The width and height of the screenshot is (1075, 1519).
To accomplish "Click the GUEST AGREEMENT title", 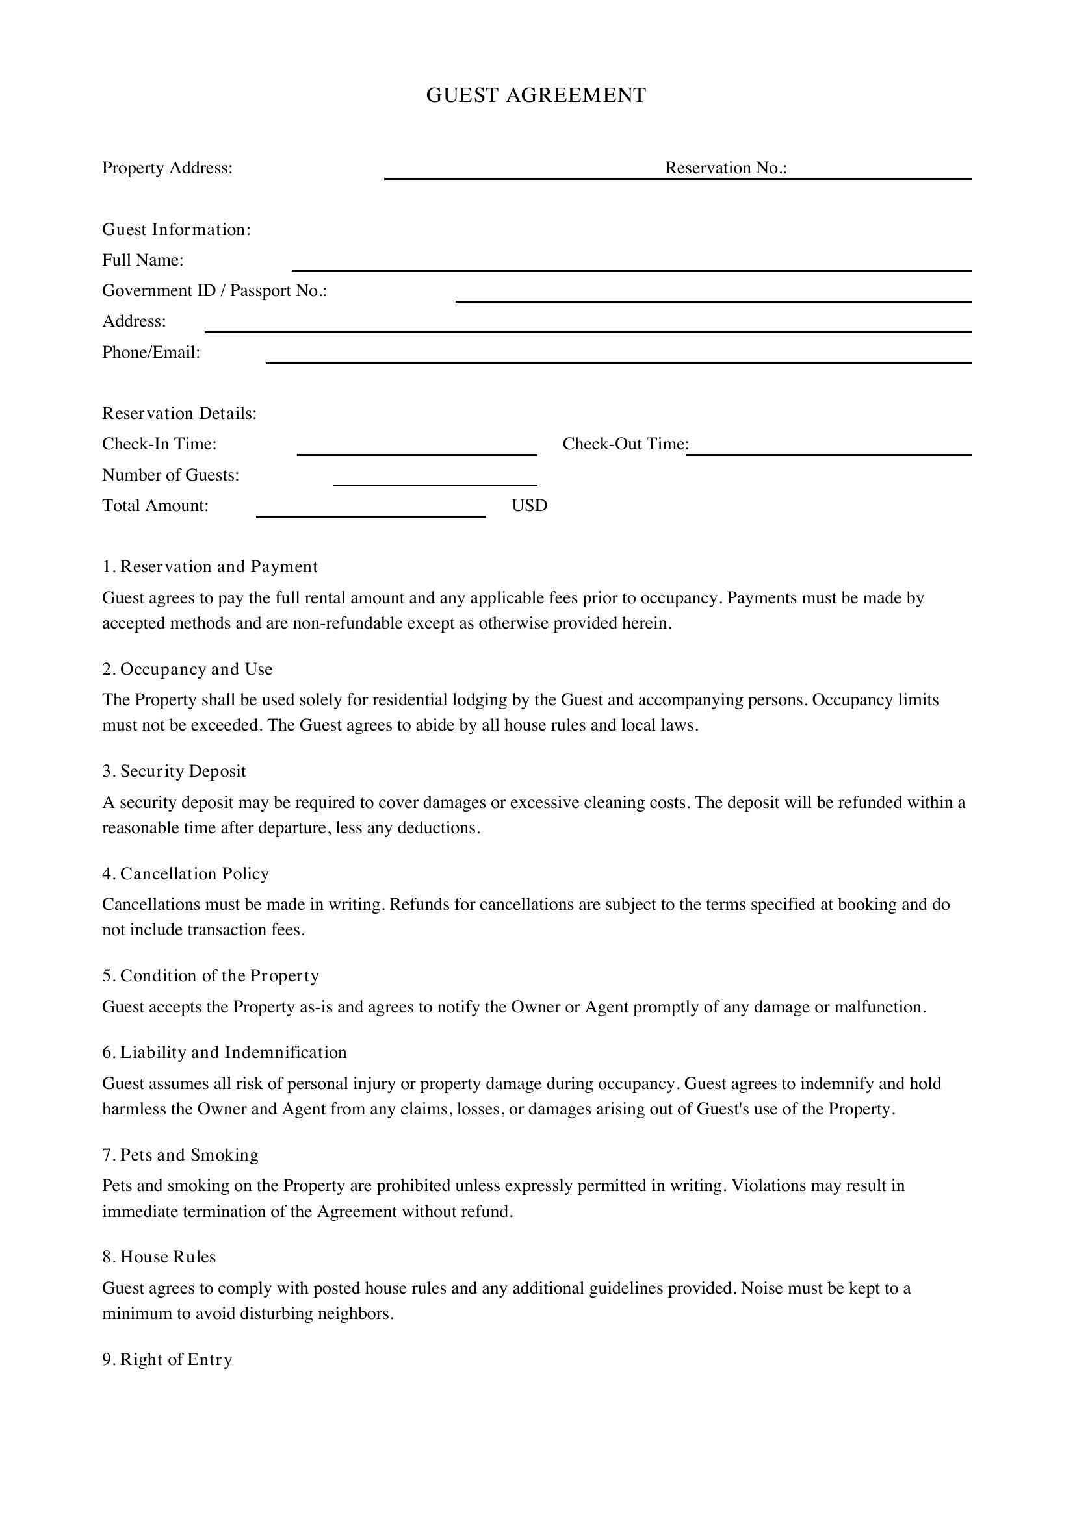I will [536, 95].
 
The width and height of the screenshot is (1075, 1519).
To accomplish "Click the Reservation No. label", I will [725, 168].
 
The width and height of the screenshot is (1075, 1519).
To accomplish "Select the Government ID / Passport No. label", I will [214, 291].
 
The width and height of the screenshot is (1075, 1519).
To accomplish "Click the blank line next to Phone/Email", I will [618, 357].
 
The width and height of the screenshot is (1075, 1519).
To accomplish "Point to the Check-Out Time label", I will [625, 444].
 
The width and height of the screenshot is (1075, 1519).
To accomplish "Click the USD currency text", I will [529, 506].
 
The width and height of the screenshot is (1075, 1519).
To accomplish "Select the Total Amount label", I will [155, 506].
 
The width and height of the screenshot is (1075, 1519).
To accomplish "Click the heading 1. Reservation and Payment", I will [210, 567].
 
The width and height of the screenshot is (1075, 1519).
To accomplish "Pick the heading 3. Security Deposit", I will [174, 772].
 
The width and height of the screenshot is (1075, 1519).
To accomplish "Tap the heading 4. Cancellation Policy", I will [185, 874].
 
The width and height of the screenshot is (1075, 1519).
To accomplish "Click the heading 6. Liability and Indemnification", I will [224, 1053].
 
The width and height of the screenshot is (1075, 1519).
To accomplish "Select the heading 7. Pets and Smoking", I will [180, 1155].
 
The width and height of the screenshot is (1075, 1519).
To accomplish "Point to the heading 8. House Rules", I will [159, 1257].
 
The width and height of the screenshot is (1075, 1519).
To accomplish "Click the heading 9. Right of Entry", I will [167, 1359].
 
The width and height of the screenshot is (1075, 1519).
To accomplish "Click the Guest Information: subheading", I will [176, 229].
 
